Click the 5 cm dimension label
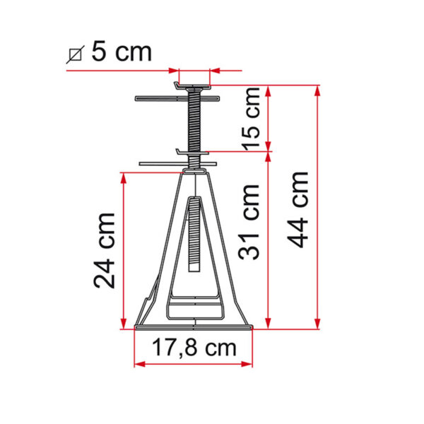[x=122, y=52]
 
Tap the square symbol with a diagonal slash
[x=76, y=55]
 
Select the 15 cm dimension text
[x=251, y=119]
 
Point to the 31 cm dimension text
[x=249, y=222]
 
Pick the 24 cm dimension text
[x=104, y=251]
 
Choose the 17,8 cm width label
[x=194, y=348]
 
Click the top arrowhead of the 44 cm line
[x=318, y=91]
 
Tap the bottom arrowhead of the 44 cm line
[x=318, y=324]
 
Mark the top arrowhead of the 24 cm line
[x=123, y=178]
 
